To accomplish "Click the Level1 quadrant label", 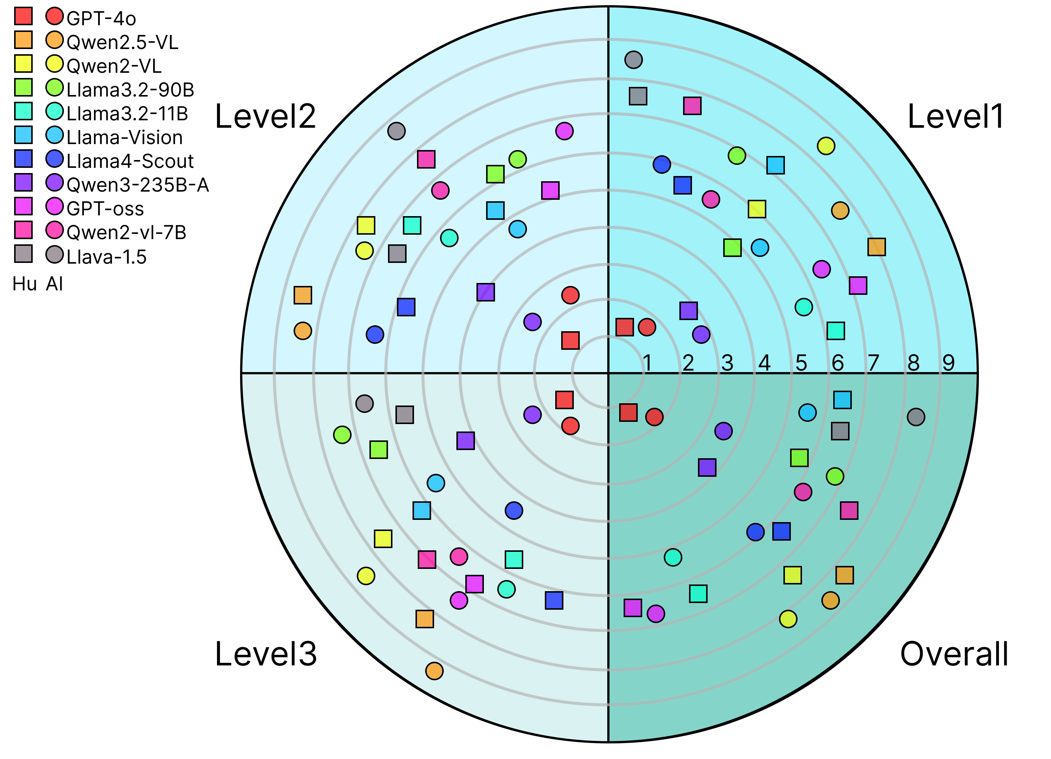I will coord(955,117).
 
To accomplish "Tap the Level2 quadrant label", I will coord(265,117).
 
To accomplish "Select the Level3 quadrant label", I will coord(265,654).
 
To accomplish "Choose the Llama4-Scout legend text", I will coord(130,161).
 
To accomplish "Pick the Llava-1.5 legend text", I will coord(106,257).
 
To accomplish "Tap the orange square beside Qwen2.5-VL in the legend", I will coord(23,40).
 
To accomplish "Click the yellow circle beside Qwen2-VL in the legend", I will coord(54,64).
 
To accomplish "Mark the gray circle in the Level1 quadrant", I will coord(634,60).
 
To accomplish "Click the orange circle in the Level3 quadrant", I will coord(434,671).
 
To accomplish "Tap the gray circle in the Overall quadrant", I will coord(916,417).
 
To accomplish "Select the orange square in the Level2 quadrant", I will coord(303,295).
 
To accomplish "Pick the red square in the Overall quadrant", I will coord(628,412).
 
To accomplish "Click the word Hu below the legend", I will coord(25,284).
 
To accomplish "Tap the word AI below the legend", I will coord(54,284).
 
